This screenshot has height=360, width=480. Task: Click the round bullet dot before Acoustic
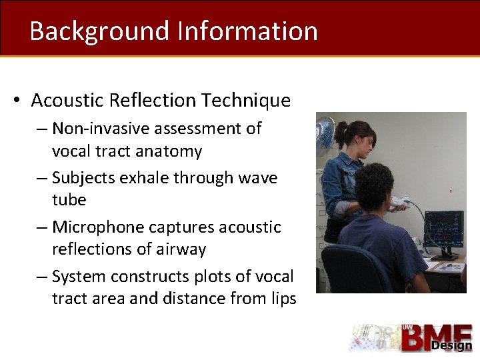point(17,101)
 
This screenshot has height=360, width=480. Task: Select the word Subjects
point(85,178)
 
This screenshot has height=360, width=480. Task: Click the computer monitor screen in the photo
point(443,229)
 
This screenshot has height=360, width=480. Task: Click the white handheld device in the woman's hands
point(401,200)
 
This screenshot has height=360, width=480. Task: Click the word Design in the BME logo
point(451,345)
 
